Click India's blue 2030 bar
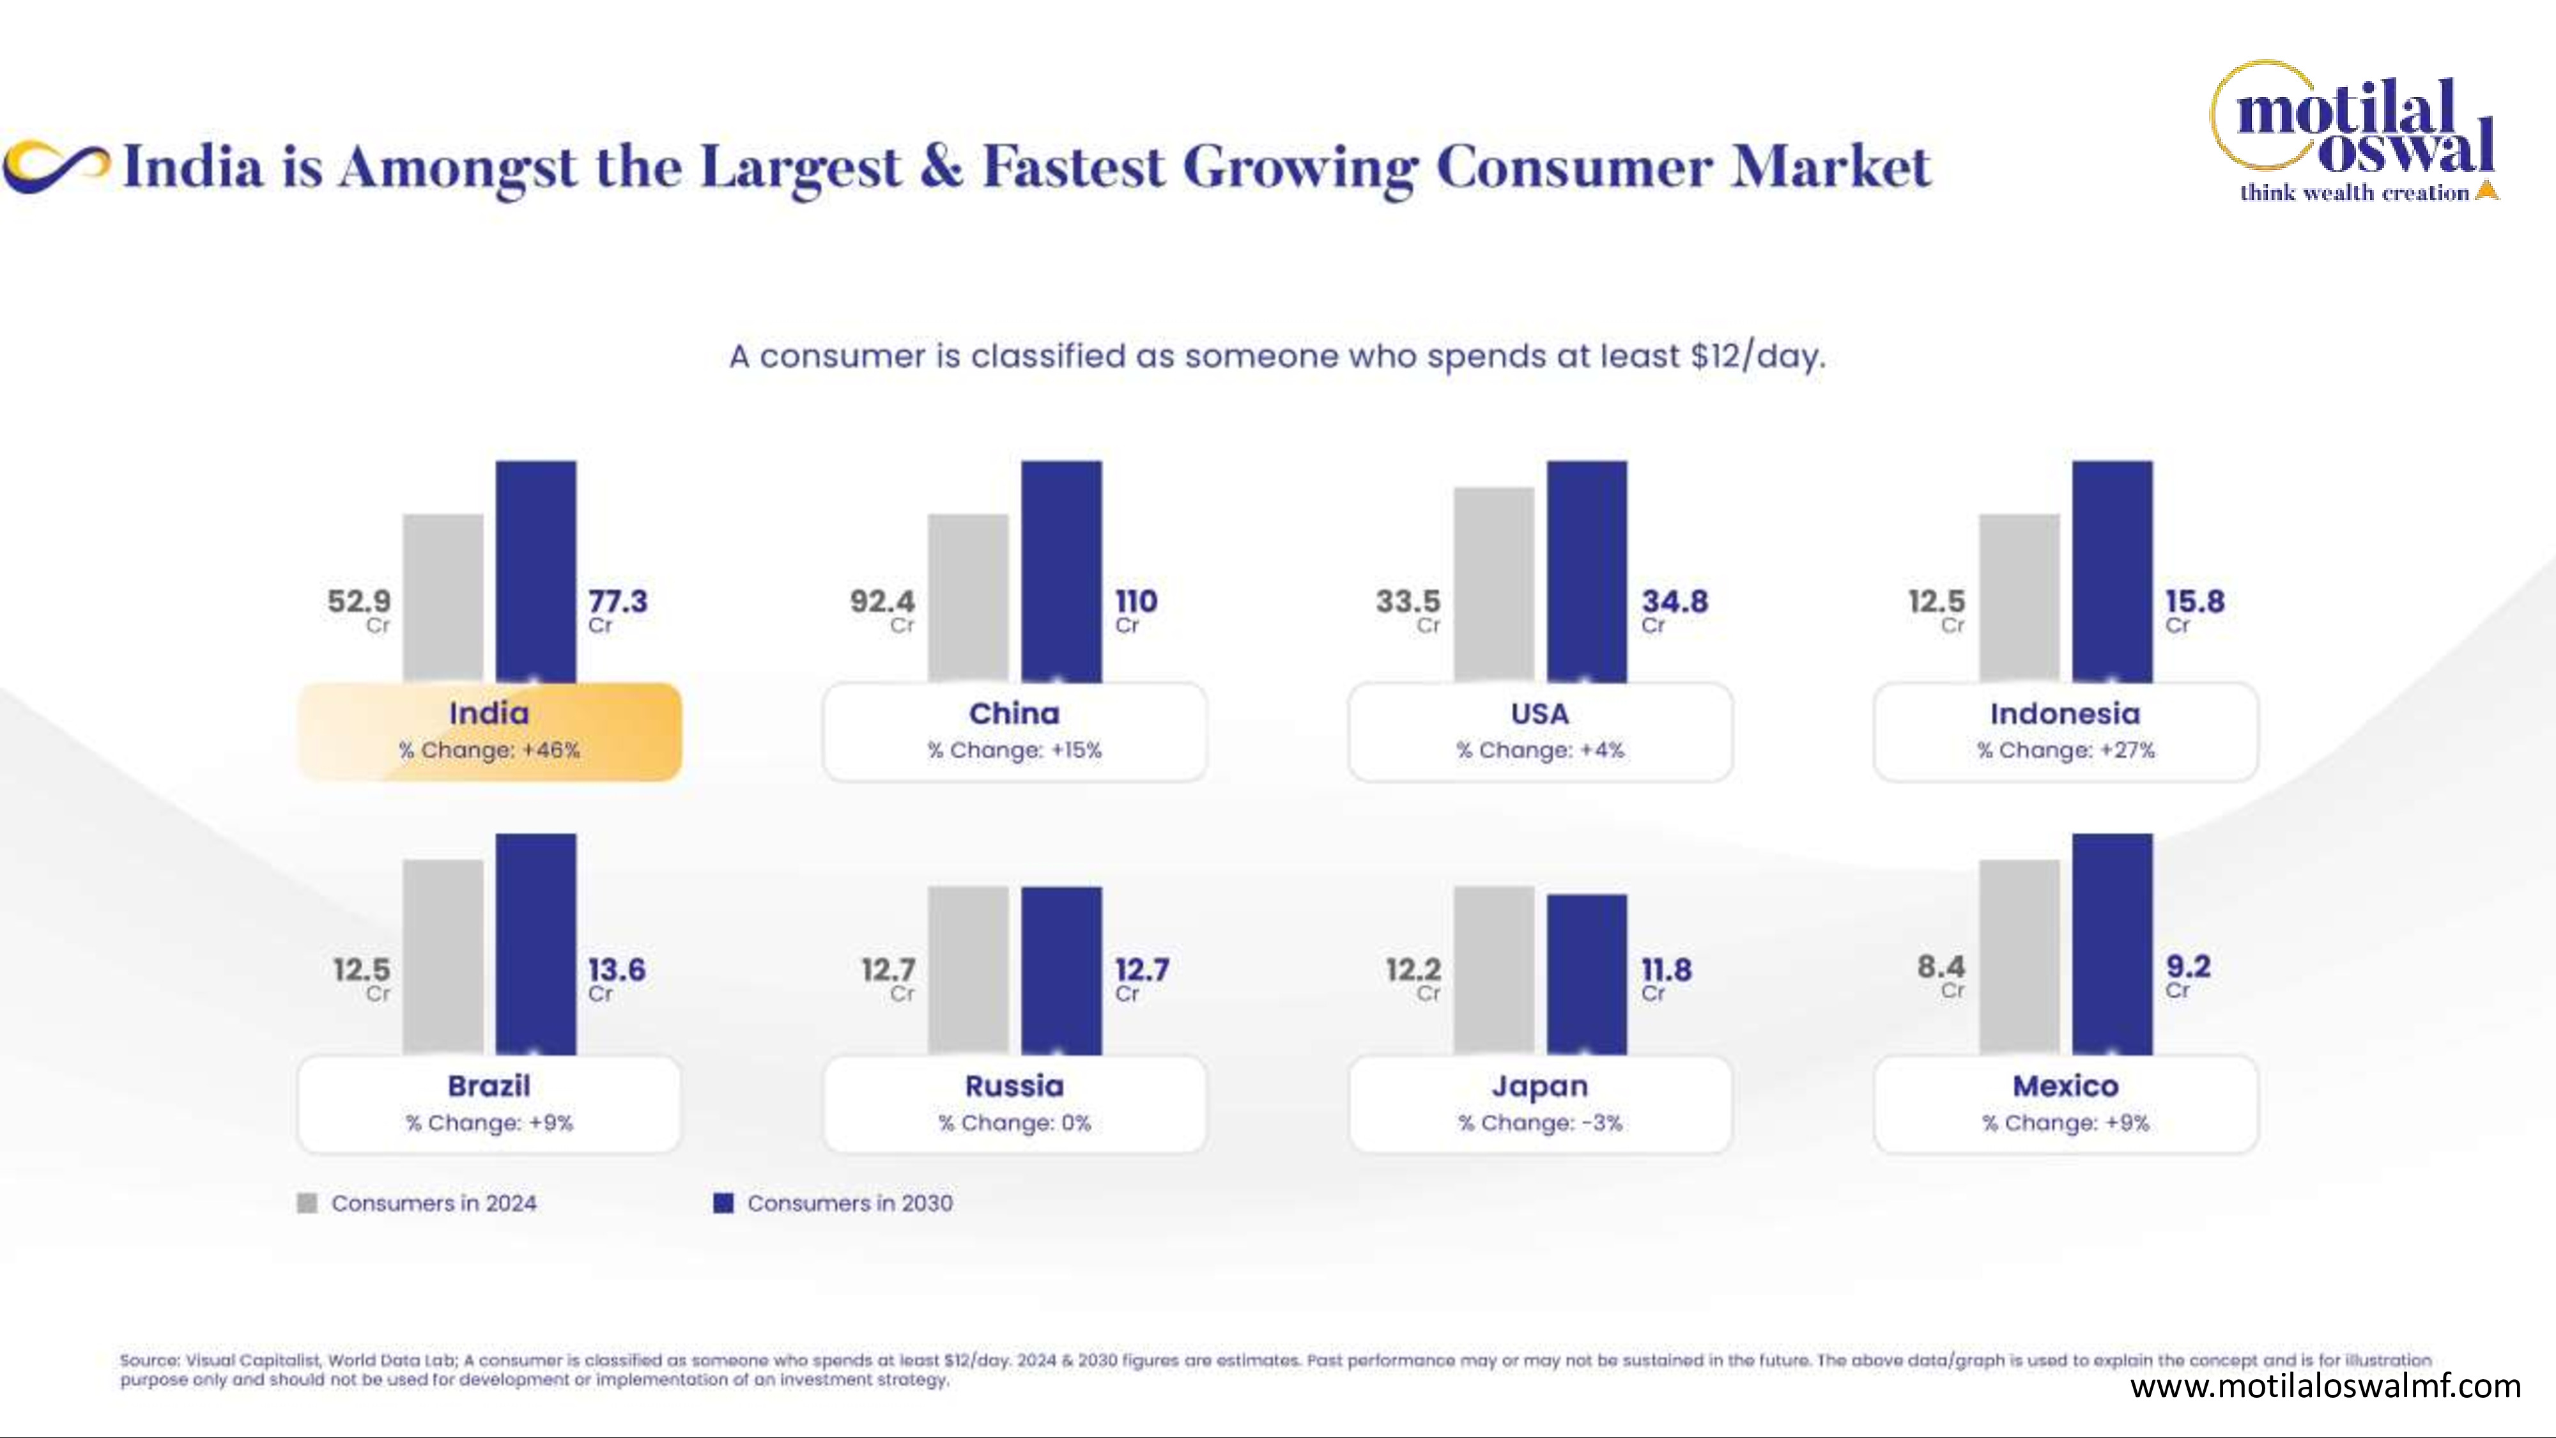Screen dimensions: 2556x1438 (536, 571)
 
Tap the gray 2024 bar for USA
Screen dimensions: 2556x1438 (1493, 585)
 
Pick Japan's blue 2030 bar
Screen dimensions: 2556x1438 (1587, 975)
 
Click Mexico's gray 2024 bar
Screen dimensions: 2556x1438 (2019, 957)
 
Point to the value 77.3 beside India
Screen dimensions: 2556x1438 (617, 601)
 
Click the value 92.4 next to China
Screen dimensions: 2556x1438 (882, 601)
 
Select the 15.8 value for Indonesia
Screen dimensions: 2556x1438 (2195, 601)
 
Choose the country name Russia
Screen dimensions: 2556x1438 (1014, 1086)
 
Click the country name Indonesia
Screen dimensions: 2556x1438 (2065, 713)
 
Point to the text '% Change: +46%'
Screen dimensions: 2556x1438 (489, 750)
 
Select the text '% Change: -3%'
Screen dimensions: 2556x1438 (1540, 1122)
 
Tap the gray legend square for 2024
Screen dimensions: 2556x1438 (307, 1203)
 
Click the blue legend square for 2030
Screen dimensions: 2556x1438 (723, 1203)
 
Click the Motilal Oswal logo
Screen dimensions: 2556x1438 (2353, 132)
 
